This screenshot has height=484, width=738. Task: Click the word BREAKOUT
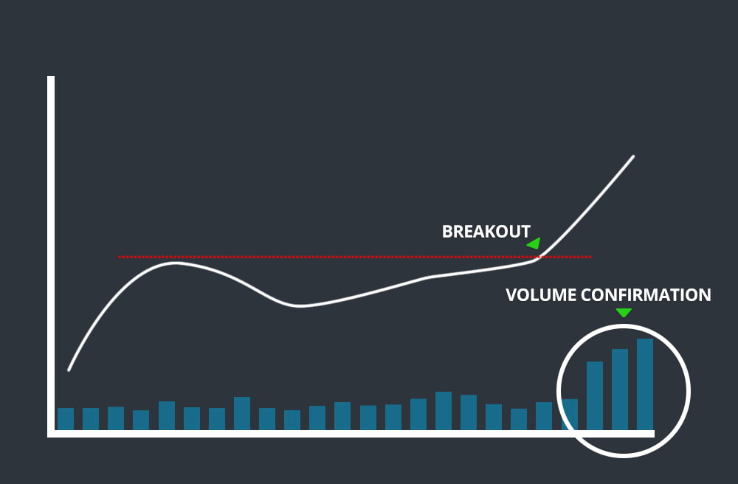point(486,232)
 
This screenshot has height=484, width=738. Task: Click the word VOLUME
point(541,295)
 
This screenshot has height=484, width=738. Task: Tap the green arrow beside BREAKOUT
point(534,243)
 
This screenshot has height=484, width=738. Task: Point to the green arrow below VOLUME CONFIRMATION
point(624,313)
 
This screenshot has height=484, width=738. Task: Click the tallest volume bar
point(645,384)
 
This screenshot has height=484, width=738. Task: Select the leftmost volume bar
point(66,418)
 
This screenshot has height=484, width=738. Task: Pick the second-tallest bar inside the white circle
point(620,389)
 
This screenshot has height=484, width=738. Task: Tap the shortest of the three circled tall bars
point(595,395)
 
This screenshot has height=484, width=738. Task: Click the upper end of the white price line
point(633,156)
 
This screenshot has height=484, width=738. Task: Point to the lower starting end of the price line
point(69,370)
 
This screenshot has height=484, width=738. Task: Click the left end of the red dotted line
point(119,257)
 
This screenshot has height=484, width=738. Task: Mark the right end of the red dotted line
point(590,257)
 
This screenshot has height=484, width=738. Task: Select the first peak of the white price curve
point(176,263)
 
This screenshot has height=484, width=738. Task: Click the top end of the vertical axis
point(51,78)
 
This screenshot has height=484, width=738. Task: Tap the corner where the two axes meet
point(51,433)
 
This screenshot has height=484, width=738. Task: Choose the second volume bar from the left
point(91,418)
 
